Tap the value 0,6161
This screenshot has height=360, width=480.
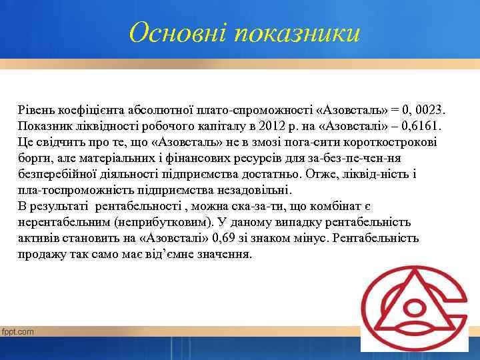coord(421,125)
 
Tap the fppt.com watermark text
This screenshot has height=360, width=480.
coord(17,331)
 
